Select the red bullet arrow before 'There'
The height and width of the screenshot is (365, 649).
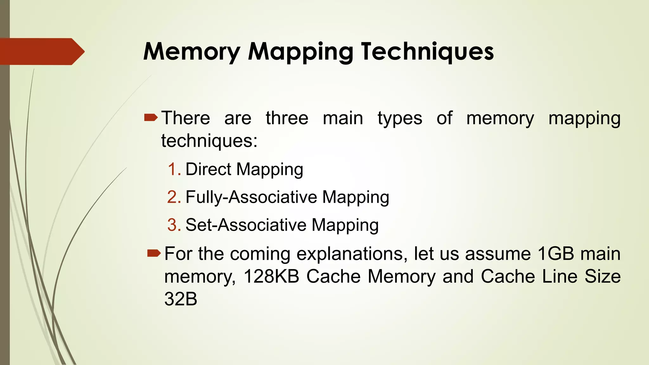click(151, 118)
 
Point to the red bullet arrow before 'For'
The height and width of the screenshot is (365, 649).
click(154, 253)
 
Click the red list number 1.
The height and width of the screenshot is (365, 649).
click(174, 169)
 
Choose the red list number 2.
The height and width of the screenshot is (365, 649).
click(174, 197)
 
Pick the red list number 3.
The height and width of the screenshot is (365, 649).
click(174, 225)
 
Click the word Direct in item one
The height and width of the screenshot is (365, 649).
click(208, 169)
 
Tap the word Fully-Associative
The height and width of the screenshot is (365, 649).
click(251, 197)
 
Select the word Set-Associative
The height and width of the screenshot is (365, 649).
click(246, 225)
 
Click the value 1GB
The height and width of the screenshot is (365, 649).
click(556, 254)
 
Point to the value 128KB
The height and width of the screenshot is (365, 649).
click(271, 276)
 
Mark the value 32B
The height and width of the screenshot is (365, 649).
click(181, 299)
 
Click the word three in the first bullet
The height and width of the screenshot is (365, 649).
click(287, 118)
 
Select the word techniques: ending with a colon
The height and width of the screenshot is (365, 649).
click(209, 141)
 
